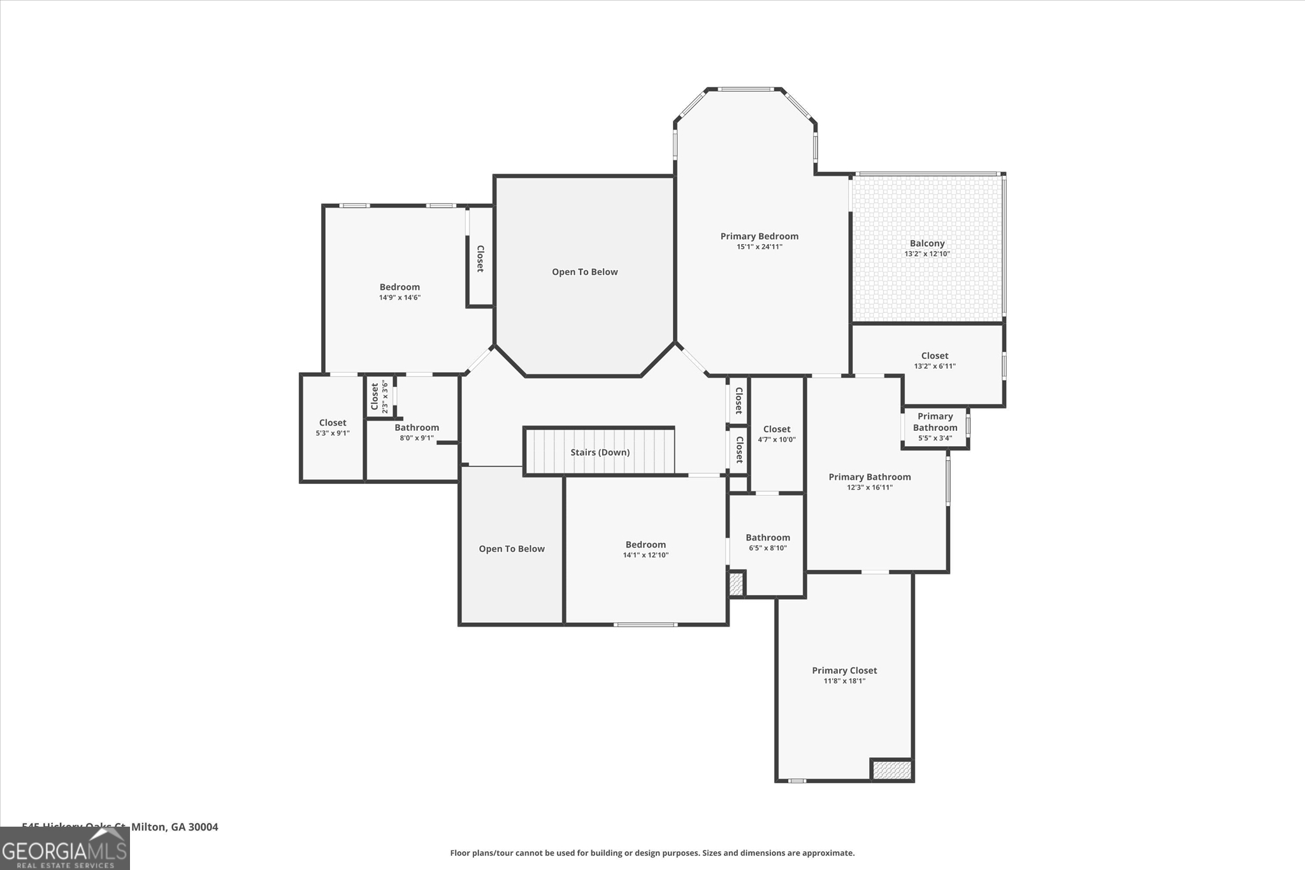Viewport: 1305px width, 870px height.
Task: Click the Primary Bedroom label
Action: coord(759,236)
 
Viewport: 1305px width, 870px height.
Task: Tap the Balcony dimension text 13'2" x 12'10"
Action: coord(926,254)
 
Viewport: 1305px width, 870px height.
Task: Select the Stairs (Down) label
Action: coord(600,453)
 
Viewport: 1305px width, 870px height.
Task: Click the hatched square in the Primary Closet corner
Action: coord(891,770)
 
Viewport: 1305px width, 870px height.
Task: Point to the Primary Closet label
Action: coord(844,671)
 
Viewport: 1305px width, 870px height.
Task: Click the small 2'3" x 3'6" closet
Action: coord(379,396)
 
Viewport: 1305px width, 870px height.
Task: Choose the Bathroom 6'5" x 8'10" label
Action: coord(768,538)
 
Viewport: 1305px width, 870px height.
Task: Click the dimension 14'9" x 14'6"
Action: coord(400,298)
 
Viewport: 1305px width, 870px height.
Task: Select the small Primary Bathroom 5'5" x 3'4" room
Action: coord(935,426)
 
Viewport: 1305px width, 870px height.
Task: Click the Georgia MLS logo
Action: coord(64,848)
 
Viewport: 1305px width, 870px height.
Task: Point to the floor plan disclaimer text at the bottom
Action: coord(652,853)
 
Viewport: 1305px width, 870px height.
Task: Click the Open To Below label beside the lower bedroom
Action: coord(512,549)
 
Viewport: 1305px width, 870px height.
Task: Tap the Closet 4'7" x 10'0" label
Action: coord(776,430)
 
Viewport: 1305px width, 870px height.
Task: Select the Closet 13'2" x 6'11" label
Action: coord(934,356)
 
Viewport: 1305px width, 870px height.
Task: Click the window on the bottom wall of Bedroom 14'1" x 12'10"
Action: coord(645,625)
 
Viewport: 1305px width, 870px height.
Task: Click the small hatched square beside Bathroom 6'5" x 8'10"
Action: coord(736,584)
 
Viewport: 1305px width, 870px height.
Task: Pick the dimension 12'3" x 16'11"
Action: coord(869,488)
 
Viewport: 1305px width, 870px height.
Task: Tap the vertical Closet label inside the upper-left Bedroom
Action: coord(480,259)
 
